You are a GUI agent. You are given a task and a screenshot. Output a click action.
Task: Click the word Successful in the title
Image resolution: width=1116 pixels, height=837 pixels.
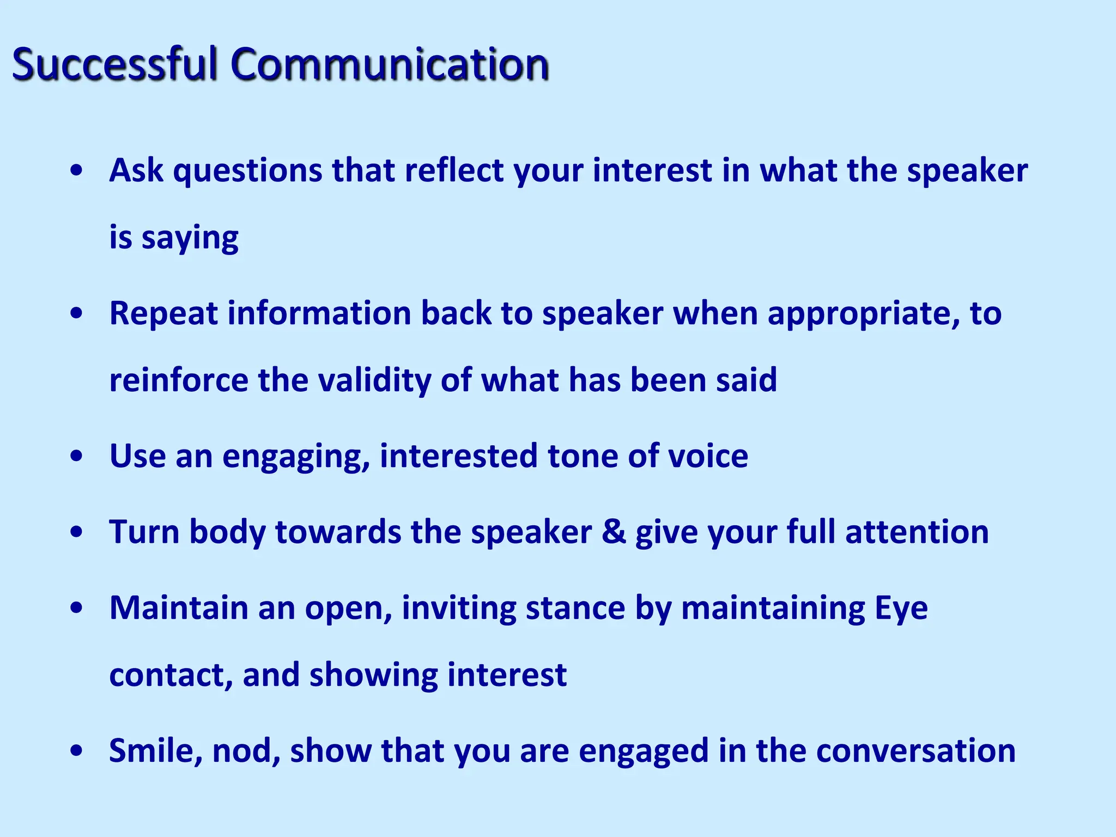(115, 64)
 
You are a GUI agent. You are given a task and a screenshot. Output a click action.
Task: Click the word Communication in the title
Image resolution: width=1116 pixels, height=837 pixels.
(389, 64)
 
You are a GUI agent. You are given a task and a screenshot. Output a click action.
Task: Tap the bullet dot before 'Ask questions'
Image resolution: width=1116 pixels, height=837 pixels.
(77, 171)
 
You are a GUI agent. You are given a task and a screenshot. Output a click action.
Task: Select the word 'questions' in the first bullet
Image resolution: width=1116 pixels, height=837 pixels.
(248, 171)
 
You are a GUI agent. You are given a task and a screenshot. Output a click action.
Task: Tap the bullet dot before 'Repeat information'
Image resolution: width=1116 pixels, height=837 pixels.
(77, 314)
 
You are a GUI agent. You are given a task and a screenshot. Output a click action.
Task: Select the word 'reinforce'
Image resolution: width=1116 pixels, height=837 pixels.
(179, 380)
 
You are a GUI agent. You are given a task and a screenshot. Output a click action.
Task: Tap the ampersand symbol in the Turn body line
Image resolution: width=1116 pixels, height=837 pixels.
(614, 532)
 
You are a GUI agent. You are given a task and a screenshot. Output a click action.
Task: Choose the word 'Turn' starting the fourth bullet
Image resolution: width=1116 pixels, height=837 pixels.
(144, 532)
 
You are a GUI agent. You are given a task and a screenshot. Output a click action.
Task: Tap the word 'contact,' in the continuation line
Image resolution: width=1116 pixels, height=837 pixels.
(171, 675)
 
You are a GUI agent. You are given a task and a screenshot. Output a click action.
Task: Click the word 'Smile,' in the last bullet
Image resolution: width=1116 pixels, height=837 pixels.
(156, 751)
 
